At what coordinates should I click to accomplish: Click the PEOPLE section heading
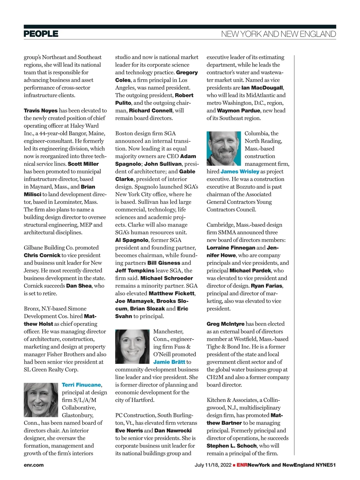(x=41, y=34)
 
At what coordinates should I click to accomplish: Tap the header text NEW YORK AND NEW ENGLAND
(x=278, y=34)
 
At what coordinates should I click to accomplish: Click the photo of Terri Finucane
(x=41, y=400)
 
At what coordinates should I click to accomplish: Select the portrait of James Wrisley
(x=224, y=148)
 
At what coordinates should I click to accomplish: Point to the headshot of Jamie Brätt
(x=132, y=346)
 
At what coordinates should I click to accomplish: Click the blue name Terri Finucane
(x=81, y=385)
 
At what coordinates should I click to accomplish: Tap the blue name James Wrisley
(x=240, y=172)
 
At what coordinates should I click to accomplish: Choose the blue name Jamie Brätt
(x=169, y=362)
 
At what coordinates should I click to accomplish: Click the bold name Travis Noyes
(x=40, y=111)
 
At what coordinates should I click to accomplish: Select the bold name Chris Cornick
(x=42, y=255)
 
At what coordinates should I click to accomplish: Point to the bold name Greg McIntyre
(x=225, y=324)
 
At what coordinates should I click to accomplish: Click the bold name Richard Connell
(x=151, y=111)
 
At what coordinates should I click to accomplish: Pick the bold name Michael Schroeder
(x=166, y=278)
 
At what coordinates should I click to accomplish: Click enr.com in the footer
(x=34, y=465)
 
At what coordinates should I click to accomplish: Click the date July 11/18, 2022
(x=213, y=465)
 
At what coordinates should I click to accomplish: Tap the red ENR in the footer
(x=242, y=465)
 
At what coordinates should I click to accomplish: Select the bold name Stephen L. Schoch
(x=231, y=446)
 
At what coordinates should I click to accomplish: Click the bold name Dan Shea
(x=79, y=286)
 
